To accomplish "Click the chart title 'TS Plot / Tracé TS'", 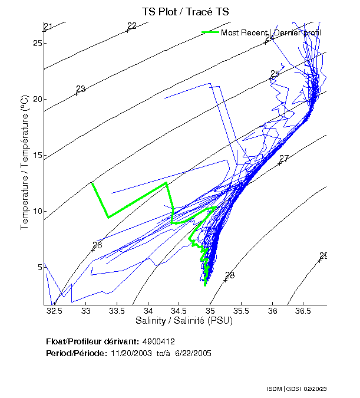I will pyautogui.click(x=186, y=11).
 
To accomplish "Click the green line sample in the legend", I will pyautogui.click(x=210, y=32).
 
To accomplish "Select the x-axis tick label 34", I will pyautogui.click(x=148, y=311).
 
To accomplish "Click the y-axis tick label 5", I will pyautogui.click(x=39, y=267).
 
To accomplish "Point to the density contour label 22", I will pyautogui.click(x=132, y=26).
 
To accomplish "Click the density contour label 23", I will pyautogui.click(x=81, y=89).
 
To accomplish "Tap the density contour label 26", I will pyautogui.click(x=98, y=245).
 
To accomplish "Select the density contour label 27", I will pyautogui.click(x=284, y=159).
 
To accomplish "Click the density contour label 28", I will pyautogui.click(x=230, y=275).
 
